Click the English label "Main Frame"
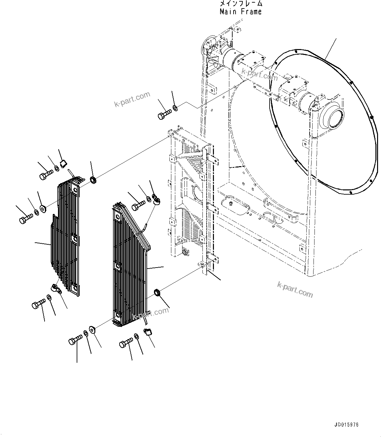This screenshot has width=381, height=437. tap(240, 12)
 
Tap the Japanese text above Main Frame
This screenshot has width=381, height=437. tap(240, 4)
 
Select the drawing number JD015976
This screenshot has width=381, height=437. tap(346, 425)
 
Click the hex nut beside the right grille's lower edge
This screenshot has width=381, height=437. tap(157, 292)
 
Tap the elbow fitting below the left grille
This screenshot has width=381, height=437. tap(56, 288)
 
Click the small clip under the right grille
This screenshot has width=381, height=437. tap(148, 332)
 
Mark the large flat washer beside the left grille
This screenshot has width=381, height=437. tap(42, 208)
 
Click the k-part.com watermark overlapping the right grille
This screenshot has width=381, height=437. tap(150, 314)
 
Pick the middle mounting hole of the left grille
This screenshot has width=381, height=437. tap(75, 240)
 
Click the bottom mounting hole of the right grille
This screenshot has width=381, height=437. tap(117, 316)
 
